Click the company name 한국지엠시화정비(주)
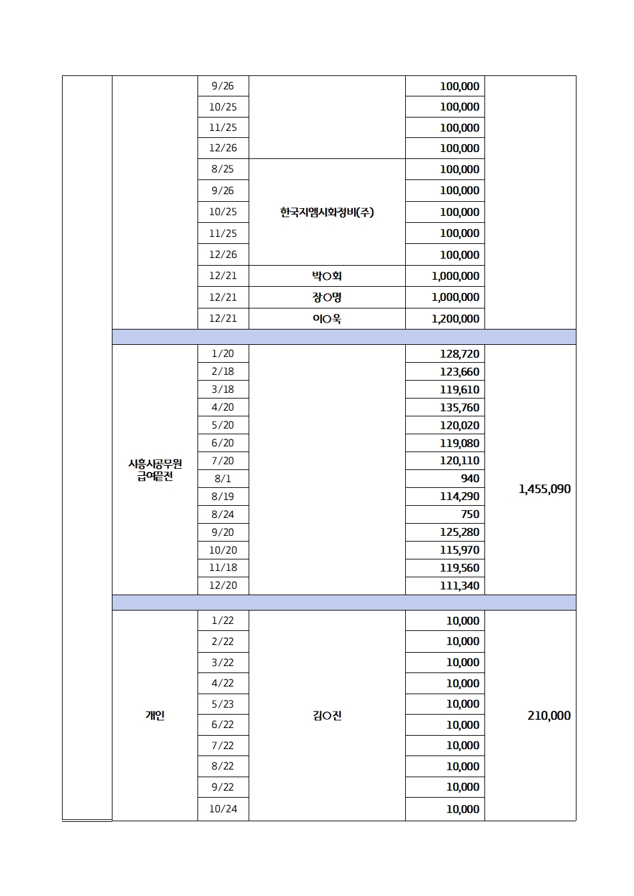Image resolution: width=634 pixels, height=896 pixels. tap(327, 212)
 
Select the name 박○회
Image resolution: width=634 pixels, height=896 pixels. tap(327, 276)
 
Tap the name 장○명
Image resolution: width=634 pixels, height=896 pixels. tap(327, 297)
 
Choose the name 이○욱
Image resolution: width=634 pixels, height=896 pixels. tap(327, 319)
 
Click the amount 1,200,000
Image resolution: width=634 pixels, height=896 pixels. tap(455, 319)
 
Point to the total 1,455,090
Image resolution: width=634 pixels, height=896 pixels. tap(545, 489)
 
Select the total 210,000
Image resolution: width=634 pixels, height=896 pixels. tap(549, 716)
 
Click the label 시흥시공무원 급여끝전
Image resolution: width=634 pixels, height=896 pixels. tap(155, 470)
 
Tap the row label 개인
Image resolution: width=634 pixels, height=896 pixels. tap(155, 716)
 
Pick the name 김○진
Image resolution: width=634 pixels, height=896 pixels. tap(327, 716)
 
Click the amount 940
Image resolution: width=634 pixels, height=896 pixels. tap(470, 478)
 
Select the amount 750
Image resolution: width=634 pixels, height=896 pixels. tap(470, 514)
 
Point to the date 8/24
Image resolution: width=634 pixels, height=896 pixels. tap(222, 514)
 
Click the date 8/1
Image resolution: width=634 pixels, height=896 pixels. tap(222, 478)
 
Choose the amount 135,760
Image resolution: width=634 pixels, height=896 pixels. tap(459, 407)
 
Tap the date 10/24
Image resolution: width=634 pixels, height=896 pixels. tap(222, 809)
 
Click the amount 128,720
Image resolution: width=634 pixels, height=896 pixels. tap(459, 354)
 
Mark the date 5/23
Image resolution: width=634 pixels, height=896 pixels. tap(222, 704)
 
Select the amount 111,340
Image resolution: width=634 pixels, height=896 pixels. tap(459, 586)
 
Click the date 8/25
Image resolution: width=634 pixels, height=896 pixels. tap(222, 169)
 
